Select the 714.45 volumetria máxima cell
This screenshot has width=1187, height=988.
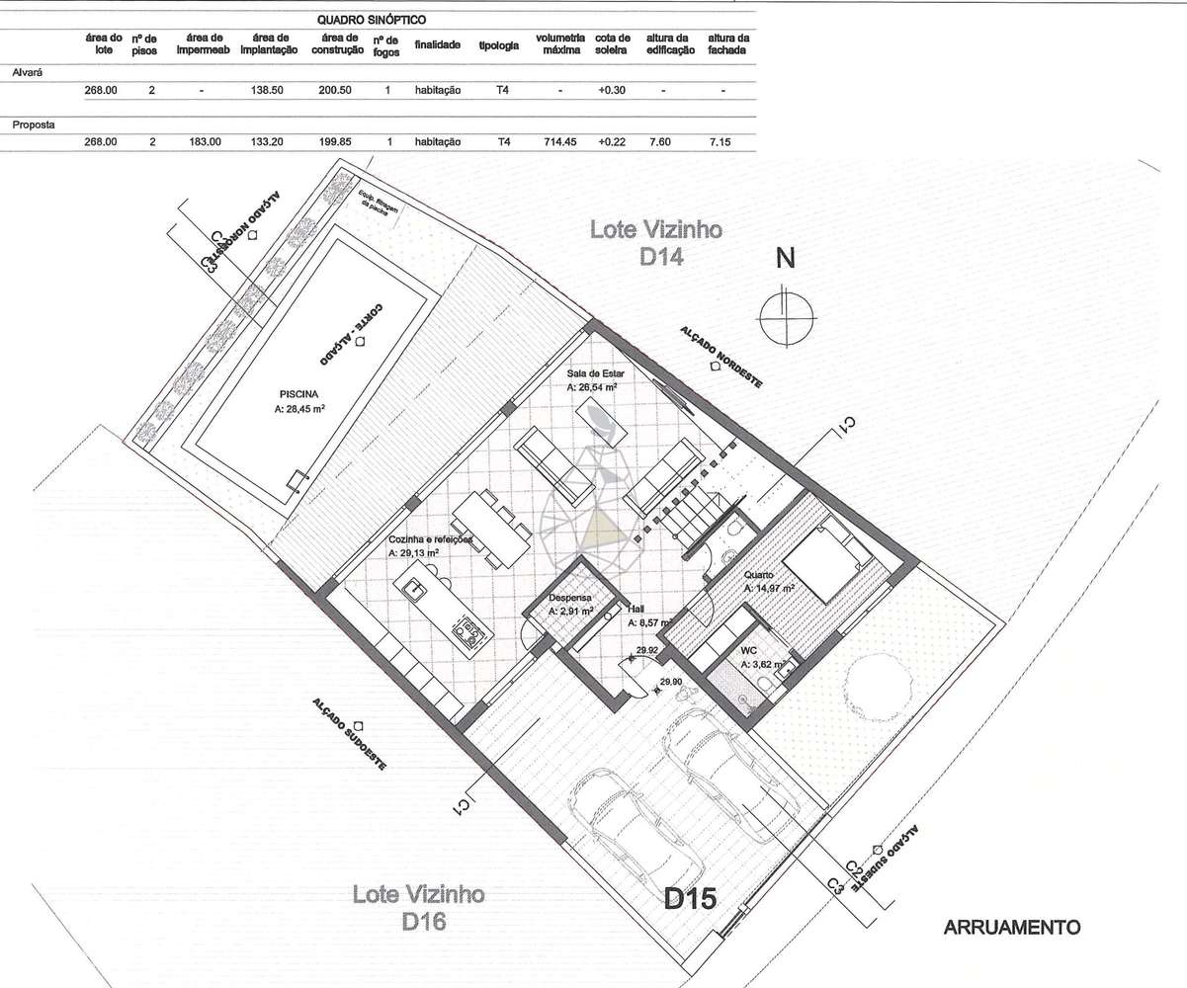tap(559, 142)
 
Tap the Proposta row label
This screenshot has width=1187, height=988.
tap(32, 126)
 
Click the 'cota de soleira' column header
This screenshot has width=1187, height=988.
tap(613, 44)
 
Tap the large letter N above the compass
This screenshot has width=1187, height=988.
tap(786, 259)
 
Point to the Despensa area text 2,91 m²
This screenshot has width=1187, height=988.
tap(570, 613)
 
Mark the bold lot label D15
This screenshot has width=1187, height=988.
tap(689, 899)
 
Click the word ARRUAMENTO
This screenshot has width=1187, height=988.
tap(1013, 928)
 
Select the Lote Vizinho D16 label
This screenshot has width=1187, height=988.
tap(418, 907)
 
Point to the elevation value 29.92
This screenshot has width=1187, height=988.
tap(647, 651)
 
